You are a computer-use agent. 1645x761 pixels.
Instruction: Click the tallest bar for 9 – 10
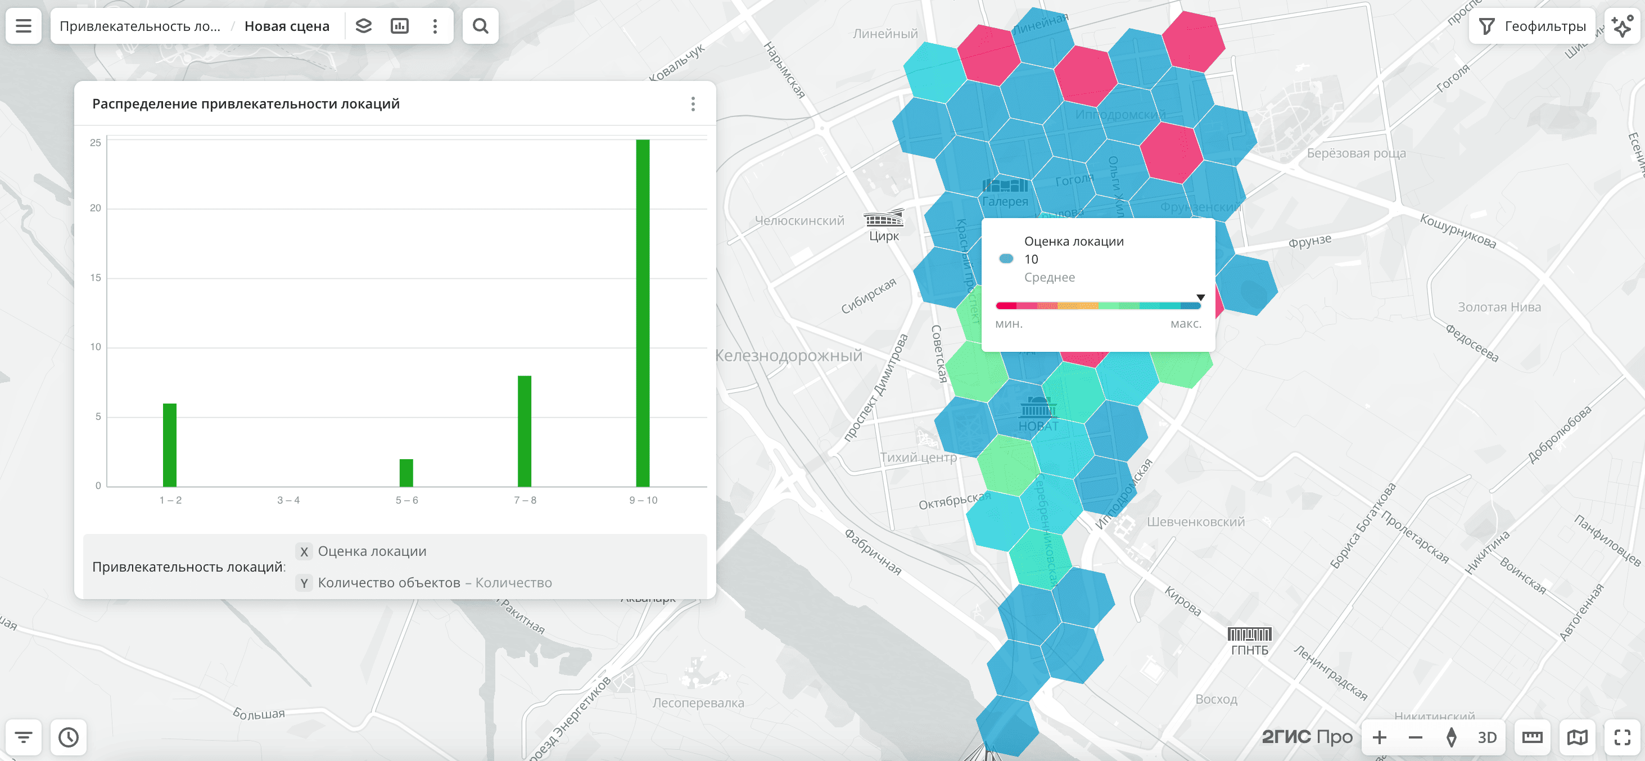[x=643, y=313]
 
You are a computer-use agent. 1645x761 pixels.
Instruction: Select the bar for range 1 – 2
[x=169, y=445]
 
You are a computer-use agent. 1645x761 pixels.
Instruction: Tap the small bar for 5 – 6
[x=406, y=473]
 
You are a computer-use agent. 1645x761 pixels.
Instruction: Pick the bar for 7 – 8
[x=525, y=431]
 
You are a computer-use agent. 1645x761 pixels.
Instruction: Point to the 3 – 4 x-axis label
[x=288, y=500]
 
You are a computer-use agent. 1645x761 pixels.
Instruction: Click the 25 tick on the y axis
[x=95, y=142]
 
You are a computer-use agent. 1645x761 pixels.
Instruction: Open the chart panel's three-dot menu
[x=693, y=104]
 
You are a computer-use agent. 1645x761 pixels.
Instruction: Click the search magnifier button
[x=480, y=26]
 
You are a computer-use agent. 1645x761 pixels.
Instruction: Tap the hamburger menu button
[x=24, y=26]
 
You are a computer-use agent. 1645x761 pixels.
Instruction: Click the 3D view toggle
[x=1486, y=737]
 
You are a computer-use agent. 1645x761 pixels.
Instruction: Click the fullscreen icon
[x=1622, y=737]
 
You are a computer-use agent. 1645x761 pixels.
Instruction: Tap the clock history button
[x=69, y=737]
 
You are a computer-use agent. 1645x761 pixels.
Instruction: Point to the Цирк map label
[x=884, y=235]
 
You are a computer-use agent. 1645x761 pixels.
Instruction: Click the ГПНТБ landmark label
[x=1249, y=650]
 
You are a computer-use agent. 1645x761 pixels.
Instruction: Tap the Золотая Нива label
[x=1499, y=307]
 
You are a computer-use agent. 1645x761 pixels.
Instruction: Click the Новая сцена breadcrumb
[x=287, y=26]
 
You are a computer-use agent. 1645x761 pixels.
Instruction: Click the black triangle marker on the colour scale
[x=1200, y=297]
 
